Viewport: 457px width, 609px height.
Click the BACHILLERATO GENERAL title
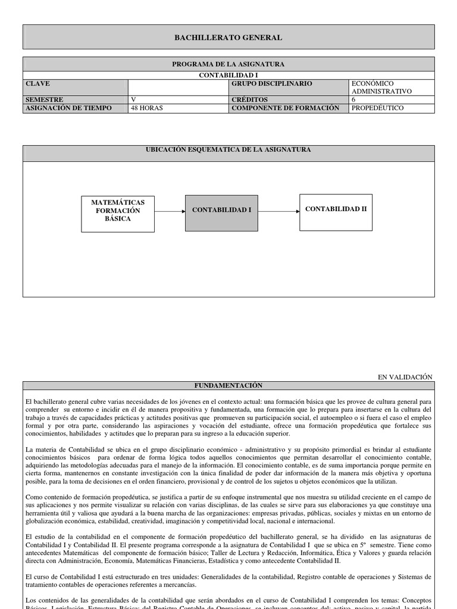(228, 37)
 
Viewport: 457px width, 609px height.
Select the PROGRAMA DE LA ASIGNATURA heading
(228, 64)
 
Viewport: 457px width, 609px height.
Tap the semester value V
(133, 99)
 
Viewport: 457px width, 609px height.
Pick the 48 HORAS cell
(146, 108)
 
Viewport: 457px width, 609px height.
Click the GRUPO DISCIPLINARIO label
(271, 84)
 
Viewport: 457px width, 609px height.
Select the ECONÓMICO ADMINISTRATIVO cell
(381, 87)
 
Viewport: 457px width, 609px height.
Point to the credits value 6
(353, 99)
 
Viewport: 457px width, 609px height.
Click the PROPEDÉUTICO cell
(377, 108)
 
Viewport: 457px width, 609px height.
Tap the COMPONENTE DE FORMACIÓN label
(280, 108)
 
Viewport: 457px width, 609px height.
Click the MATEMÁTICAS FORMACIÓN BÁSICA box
(117, 211)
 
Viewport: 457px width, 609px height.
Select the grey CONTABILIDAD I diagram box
(221, 211)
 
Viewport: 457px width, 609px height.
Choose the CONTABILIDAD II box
(336, 209)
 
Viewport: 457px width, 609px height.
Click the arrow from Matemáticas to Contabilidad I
(170, 211)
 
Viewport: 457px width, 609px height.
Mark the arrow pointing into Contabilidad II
(278, 211)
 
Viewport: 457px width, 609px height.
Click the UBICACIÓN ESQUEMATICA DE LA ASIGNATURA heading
(228, 150)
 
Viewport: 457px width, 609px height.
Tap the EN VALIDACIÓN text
(405, 377)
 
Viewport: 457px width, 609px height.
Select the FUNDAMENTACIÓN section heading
(228, 385)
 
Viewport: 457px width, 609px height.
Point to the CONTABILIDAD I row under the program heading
(228, 76)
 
